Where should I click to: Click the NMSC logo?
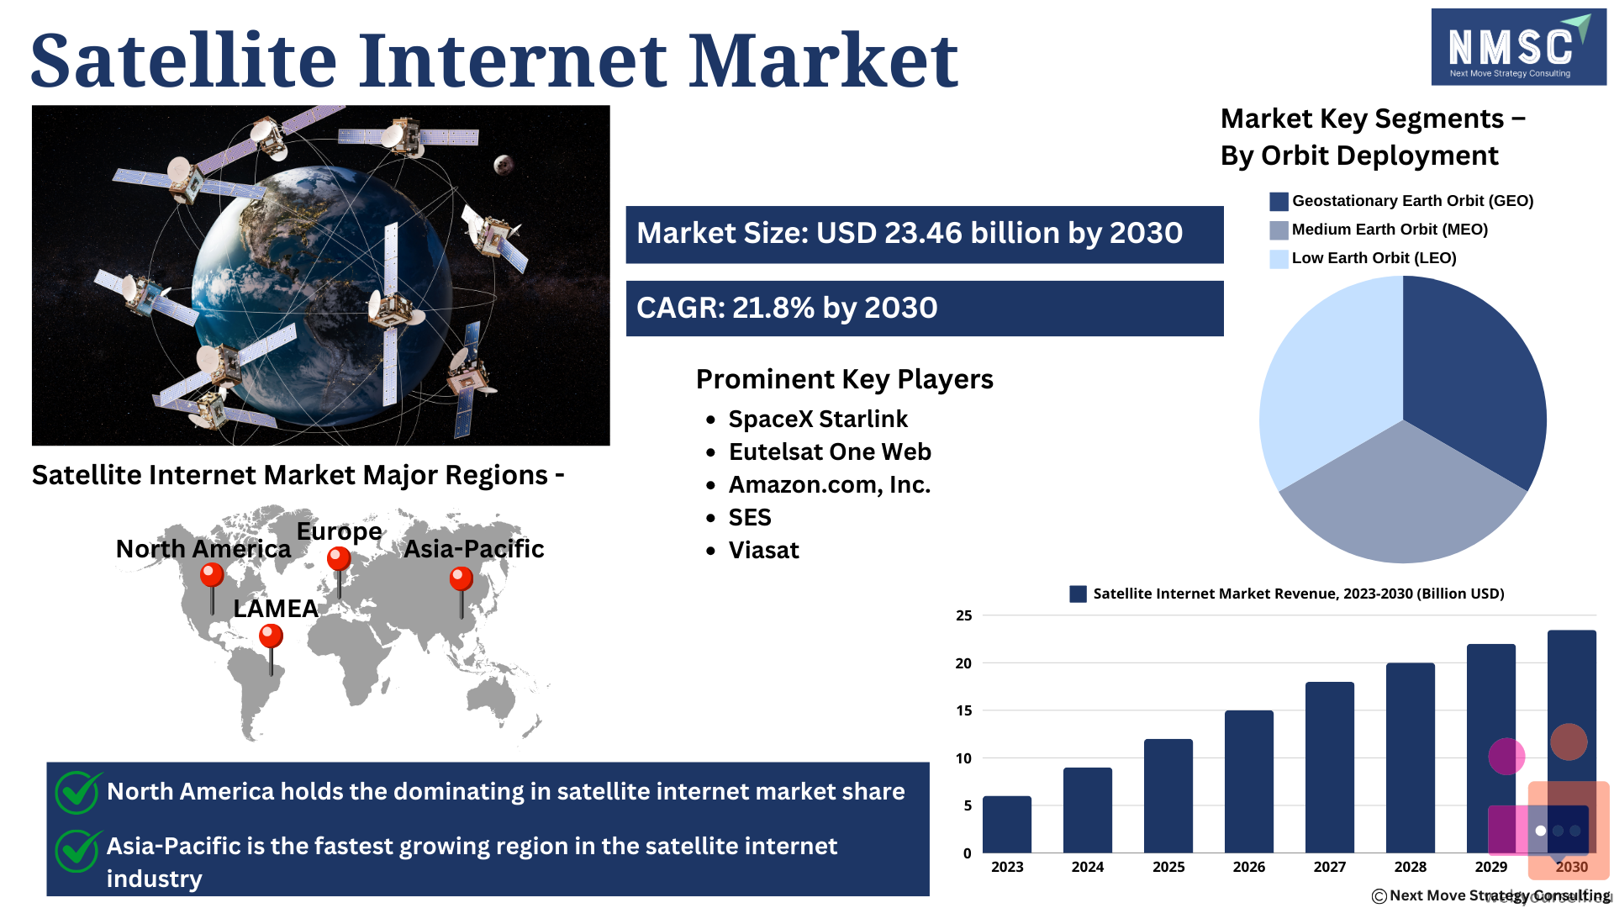(1518, 47)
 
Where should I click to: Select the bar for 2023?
(1007, 825)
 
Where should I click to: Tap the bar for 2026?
(1249, 782)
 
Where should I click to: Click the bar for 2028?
(1411, 758)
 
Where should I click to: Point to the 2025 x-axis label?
(1168, 867)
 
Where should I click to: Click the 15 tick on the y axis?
(963, 710)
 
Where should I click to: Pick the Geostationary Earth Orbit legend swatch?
(1279, 202)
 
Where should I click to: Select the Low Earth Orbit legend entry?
(1363, 258)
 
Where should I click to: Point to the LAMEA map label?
(276, 608)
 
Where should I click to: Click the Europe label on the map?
(340, 531)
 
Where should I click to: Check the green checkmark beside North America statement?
(78, 792)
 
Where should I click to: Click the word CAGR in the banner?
(679, 308)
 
